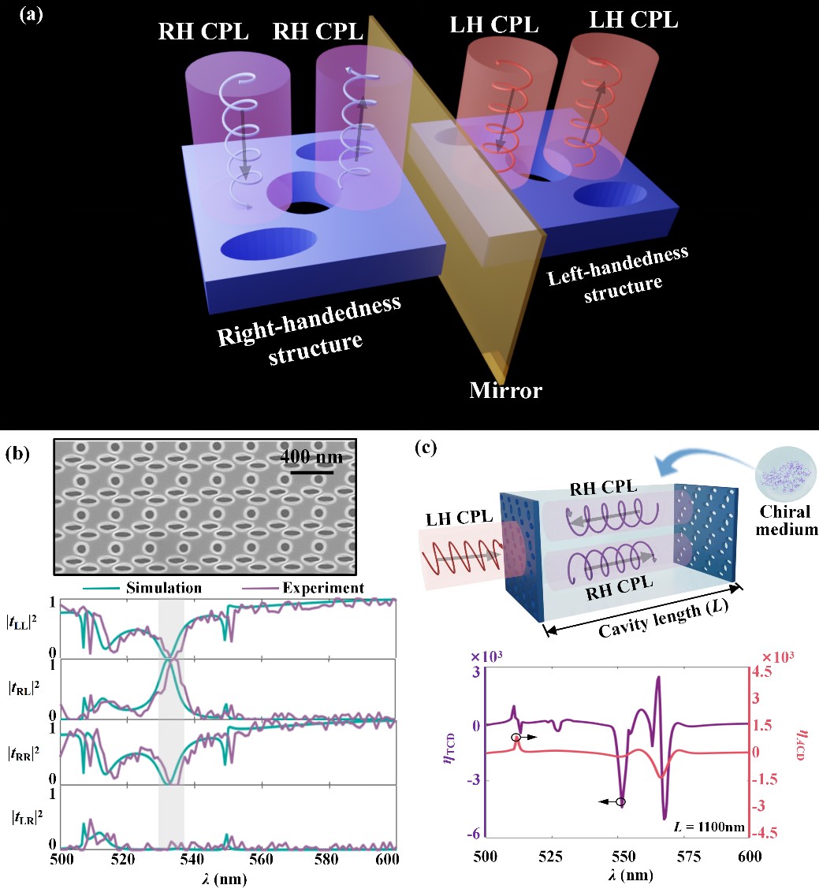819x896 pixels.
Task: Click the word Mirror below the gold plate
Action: pos(505,390)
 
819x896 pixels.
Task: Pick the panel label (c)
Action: pos(426,449)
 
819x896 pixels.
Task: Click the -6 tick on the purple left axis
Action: pos(475,835)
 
